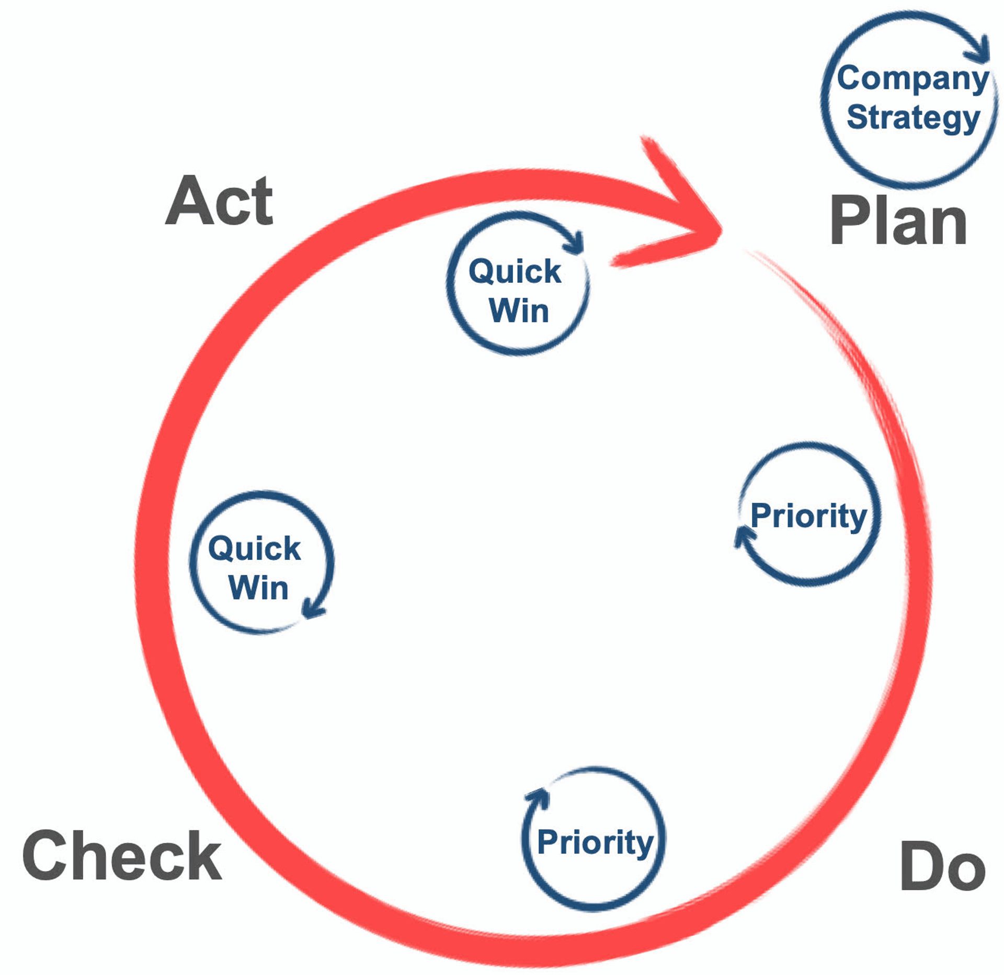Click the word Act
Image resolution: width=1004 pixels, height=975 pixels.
tap(220, 201)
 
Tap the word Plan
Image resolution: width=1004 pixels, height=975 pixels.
tap(898, 220)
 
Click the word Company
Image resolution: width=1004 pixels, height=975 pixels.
tap(912, 78)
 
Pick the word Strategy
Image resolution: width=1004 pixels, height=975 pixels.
tap(913, 117)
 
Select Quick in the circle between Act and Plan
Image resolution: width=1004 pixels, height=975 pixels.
tap(515, 271)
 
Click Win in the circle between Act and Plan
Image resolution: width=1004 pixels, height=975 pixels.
tap(519, 311)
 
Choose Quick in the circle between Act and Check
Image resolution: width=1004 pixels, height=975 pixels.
tap(255, 548)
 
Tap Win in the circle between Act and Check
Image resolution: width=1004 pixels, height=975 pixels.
tap(258, 588)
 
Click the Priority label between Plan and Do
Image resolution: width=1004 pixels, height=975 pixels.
tap(808, 517)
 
